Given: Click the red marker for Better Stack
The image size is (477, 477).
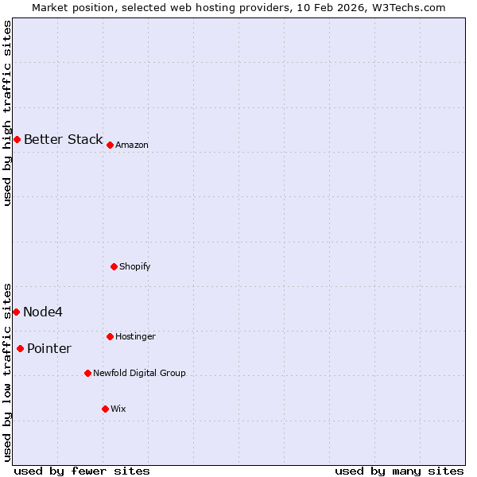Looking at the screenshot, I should pos(17,140).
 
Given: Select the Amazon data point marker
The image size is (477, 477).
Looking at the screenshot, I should pos(110,145).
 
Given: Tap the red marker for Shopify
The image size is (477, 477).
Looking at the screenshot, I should pos(114,266).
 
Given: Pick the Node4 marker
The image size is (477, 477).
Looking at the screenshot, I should pos(16,312).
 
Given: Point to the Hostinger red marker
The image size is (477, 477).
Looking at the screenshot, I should pos(110,336).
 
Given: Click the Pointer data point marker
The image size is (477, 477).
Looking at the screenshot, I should pos(20,348).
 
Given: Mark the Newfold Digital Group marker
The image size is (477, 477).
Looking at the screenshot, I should pos(87,373).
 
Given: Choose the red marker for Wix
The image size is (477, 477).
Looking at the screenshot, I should pos(105,409).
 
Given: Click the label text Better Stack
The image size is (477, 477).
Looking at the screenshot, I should pos(63,140).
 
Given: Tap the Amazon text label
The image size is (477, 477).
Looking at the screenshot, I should pos(132,145).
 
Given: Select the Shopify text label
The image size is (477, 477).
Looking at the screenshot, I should pos(135,266).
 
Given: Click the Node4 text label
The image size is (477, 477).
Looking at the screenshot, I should pos(43,312).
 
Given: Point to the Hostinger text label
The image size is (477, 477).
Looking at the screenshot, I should pos(135,336).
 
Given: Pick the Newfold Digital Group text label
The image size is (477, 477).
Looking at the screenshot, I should pos(139,373).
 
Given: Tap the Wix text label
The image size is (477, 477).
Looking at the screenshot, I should pos(118,409).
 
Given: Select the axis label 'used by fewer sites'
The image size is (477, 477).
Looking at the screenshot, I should pos(82,471).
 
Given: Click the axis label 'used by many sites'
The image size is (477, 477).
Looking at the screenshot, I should pos(399,471).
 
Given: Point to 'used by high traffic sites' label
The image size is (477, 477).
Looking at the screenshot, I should pos(7,113).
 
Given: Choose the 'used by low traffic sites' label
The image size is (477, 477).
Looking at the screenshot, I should pos(7,371).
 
